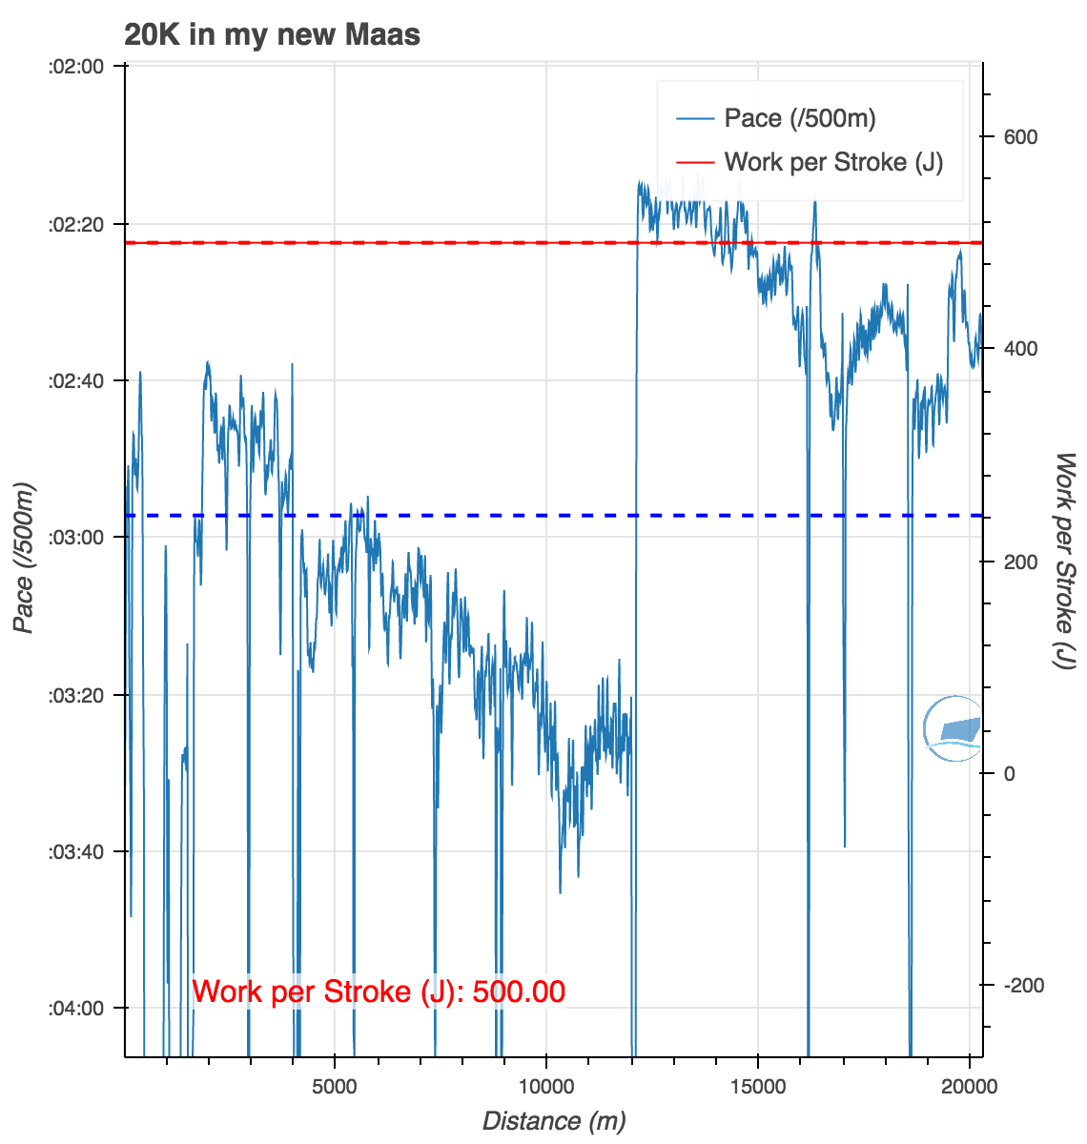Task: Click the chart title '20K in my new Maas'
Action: [272, 35]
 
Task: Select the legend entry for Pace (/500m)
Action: [799, 118]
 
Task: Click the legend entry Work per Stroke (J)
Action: [832, 162]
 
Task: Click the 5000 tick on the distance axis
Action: [335, 1087]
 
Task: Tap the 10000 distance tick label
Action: [546, 1087]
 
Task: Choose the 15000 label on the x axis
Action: [758, 1087]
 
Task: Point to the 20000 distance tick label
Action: [969, 1087]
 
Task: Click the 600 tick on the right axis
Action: [1020, 137]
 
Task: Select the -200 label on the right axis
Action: [1020, 985]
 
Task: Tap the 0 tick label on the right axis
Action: [1010, 773]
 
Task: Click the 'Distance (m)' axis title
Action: [554, 1121]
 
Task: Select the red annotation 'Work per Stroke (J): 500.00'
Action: [379, 991]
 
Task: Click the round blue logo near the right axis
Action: [954, 729]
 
